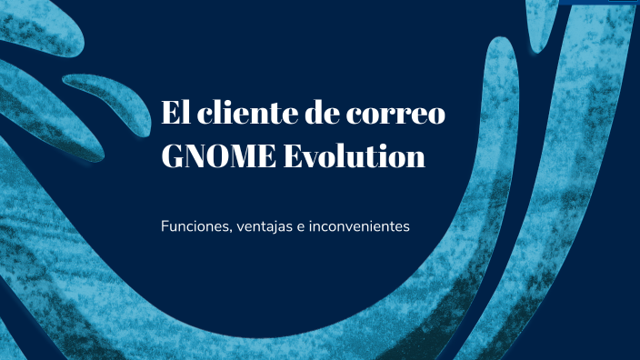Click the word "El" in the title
click(175, 115)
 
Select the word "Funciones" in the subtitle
click(192, 225)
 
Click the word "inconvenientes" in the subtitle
click(360, 225)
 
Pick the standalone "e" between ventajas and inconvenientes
click(301, 226)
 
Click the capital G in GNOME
click(174, 157)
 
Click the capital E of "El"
click(170, 115)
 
